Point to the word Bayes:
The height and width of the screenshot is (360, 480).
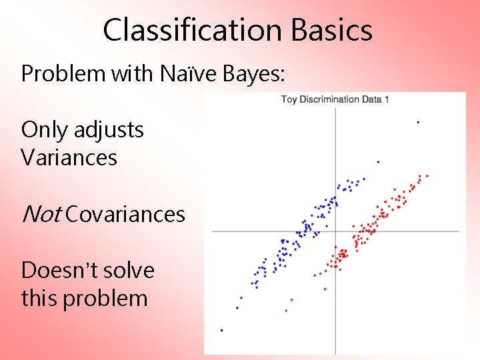coord(257,74)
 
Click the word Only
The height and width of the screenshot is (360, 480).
coord(44,129)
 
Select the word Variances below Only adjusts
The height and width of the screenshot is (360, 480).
coord(69,158)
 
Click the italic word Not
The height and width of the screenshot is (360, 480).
coord(41,214)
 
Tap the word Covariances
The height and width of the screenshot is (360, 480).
coord(125,214)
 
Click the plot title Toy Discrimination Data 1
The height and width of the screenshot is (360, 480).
coord(335,99)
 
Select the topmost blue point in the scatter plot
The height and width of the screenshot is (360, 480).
coord(418,122)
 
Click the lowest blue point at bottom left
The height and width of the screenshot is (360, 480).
coord(222,330)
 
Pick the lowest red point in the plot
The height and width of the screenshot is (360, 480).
coord(286,310)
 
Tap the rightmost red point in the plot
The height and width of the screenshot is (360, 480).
coord(427,176)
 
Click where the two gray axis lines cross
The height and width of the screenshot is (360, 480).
coord(335,231)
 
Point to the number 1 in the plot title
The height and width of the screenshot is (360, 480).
coord(387,99)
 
